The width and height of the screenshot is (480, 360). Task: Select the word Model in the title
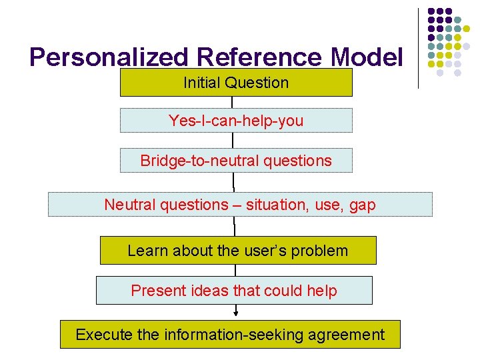370,59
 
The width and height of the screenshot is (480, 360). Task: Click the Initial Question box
236,83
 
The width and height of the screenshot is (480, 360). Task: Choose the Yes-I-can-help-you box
236,121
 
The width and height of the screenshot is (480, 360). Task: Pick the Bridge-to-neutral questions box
236,161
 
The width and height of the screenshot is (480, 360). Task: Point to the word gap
362,205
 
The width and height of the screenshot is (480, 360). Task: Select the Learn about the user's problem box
238,251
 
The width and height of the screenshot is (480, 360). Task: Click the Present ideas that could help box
234,291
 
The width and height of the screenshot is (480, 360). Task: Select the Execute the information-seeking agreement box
230,335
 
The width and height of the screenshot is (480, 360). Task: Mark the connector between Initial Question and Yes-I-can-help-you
233,103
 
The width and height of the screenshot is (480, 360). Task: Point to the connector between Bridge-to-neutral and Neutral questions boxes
233,183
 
